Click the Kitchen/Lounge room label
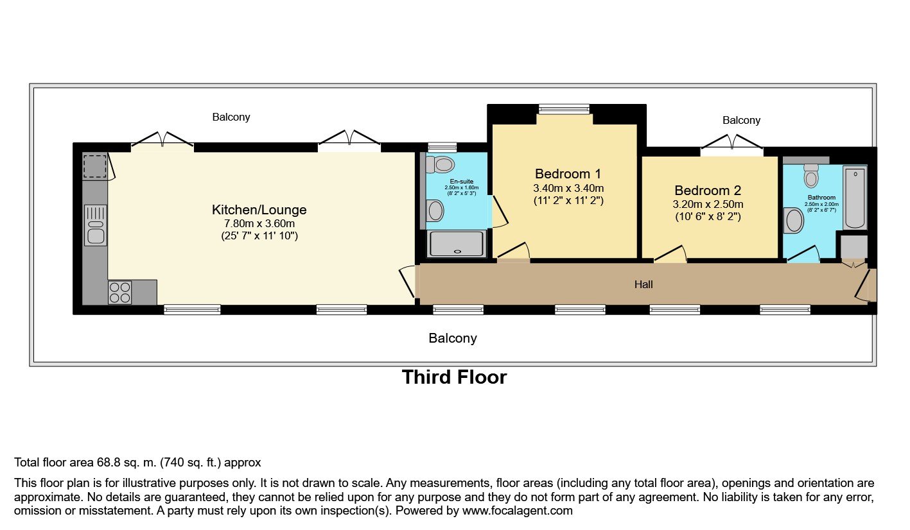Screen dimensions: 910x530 click(259, 210)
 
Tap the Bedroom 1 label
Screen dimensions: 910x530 click(568, 174)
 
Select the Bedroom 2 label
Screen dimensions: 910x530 click(708, 191)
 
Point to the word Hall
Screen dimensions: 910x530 click(643, 284)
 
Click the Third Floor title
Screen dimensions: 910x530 click(454, 377)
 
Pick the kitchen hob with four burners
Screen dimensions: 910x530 click(120, 292)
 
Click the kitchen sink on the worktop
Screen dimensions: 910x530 click(96, 225)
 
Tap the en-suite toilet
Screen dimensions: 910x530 click(439, 165)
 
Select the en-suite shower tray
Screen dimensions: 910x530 click(457, 243)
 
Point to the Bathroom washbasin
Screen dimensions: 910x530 click(794, 221)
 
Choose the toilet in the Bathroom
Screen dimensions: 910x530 click(811, 176)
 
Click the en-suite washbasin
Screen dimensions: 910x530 click(435, 210)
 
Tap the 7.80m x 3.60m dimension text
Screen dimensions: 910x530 click(259, 223)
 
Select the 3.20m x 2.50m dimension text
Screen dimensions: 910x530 click(708, 204)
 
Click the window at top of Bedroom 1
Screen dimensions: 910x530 click(564, 109)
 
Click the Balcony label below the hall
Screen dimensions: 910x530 click(453, 338)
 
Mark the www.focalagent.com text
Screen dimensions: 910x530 click(517, 511)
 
